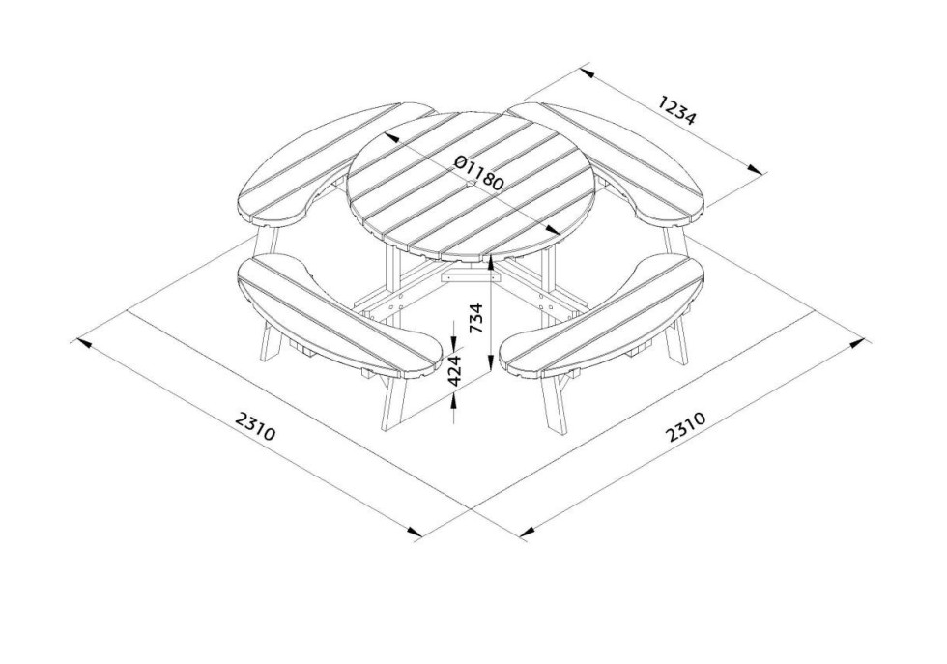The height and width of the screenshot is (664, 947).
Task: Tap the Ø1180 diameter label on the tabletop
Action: (478, 173)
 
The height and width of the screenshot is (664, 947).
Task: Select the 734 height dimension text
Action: (476, 318)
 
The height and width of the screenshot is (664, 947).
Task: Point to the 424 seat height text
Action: (454, 370)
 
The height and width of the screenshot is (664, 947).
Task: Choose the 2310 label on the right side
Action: (685, 427)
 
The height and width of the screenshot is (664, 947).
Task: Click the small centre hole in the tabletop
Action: (472, 183)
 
